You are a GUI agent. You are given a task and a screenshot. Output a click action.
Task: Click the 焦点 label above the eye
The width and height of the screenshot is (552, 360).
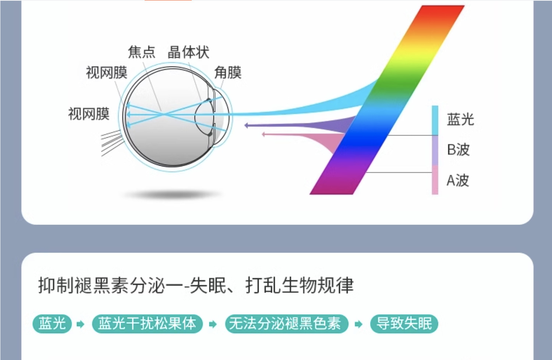pos(142,52)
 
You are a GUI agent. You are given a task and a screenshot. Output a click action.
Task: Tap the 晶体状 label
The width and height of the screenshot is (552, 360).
pos(188,52)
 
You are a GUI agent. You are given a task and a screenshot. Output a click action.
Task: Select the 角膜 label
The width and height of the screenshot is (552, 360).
pos(228,73)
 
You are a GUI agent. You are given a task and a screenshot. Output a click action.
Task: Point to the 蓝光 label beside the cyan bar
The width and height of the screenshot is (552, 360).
pos(460,120)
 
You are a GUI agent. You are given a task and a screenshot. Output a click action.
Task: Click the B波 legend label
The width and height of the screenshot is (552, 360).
pos(459,150)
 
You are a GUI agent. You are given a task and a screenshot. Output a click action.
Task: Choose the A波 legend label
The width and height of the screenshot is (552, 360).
pos(458,180)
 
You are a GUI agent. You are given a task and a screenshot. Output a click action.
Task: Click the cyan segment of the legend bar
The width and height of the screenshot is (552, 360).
pos(435,121)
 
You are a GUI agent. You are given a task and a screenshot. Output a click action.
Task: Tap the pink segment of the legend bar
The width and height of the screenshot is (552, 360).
pos(435,180)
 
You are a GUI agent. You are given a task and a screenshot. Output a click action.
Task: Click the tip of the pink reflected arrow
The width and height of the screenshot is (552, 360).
pos(262,134)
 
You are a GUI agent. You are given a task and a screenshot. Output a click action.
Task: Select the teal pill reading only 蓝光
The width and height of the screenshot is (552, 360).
pos(52,324)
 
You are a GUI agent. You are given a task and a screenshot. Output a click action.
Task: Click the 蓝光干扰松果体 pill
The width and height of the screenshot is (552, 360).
pos(147,324)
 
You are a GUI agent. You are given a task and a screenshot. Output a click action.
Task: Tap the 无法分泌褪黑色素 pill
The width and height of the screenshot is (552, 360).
pos(287,324)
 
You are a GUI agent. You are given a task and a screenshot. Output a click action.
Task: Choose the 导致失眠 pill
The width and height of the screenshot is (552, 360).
pos(404,324)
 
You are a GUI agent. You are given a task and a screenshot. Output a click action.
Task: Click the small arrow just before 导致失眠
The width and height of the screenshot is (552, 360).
pos(358,324)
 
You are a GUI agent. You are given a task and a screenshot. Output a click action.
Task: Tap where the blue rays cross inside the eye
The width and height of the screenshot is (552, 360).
pos(165,114)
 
